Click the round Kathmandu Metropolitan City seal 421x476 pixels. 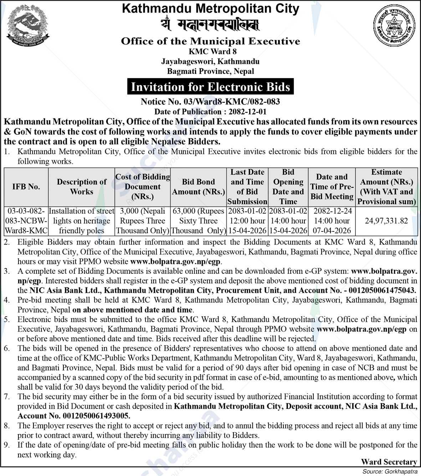click(394, 27)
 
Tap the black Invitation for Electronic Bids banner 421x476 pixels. click(210, 87)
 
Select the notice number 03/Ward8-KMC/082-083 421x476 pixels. click(210, 102)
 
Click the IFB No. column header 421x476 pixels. click(26, 186)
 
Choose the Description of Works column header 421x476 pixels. click(82, 186)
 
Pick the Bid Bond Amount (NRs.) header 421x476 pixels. click(198, 186)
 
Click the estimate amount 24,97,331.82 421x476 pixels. click(386, 221)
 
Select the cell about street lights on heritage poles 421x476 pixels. click(82, 221)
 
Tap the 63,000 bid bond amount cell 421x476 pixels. click(198, 221)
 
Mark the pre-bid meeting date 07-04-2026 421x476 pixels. click(332, 231)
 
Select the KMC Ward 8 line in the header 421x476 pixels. click(210, 52)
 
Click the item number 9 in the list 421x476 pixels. click(7, 445)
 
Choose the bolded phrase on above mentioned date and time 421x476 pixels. click(132, 310)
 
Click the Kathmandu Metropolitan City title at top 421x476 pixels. click(210, 9)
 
